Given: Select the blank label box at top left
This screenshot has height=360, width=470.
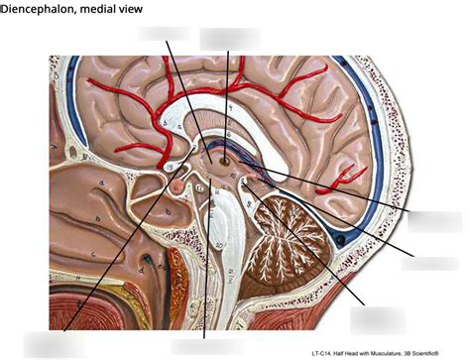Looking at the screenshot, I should tap(164, 33).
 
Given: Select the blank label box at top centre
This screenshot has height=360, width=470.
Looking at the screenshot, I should tap(229, 38).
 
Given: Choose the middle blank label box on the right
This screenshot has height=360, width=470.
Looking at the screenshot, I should tap(429, 263).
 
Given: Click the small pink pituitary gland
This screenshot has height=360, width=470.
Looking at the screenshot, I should tap(177, 186).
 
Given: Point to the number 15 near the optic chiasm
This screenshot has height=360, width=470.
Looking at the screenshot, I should tap(172, 166).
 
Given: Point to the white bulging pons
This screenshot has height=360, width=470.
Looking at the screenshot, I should tap(221, 213).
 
